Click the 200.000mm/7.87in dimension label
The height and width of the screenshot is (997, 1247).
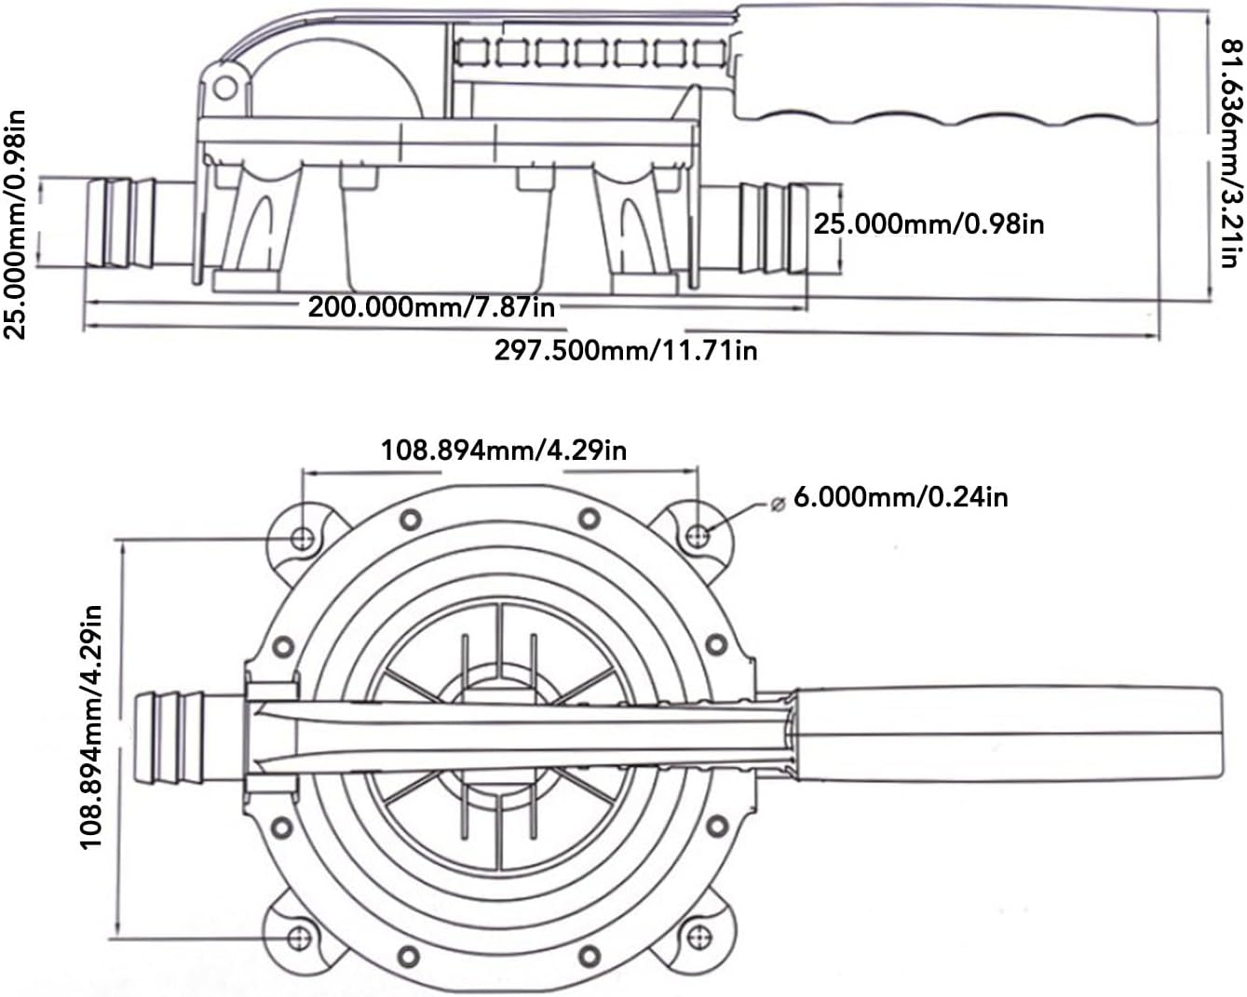click(x=431, y=306)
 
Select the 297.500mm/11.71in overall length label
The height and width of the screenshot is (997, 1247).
click(x=625, y=350)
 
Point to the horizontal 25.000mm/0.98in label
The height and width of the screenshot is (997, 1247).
click(x=928, y=224)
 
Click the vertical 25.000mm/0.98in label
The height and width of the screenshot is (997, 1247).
click(x=16, y=224)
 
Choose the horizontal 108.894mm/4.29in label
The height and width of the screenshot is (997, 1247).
click(x=503, y=451)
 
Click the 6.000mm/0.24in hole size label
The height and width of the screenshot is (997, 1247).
click(x=900, y=497)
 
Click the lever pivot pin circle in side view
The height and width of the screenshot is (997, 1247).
click(x=224, y=88)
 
